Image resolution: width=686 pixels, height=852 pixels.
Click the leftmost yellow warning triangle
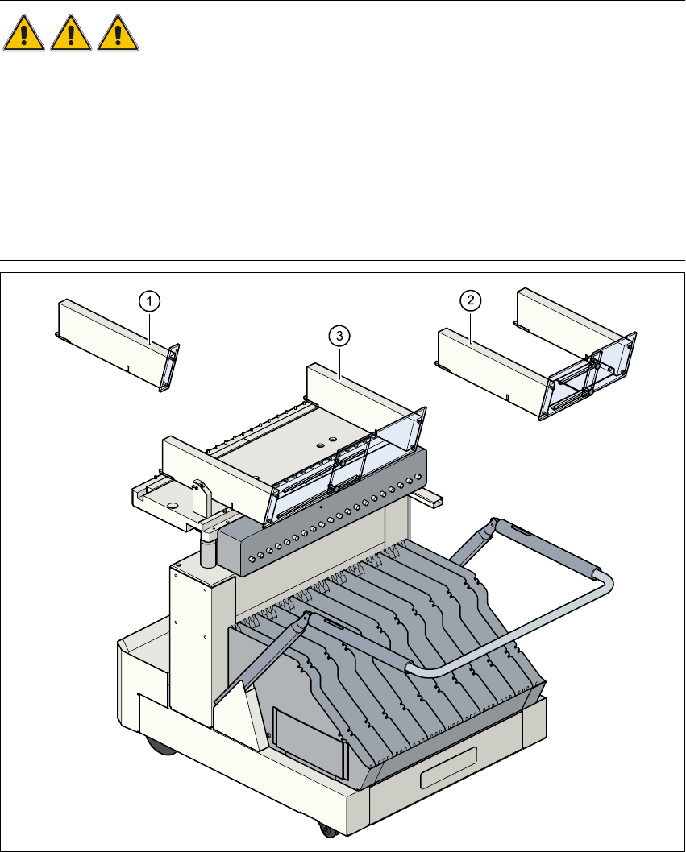pyautogui.click(x=25, y=35)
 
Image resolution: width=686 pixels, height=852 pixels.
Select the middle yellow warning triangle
pyautogui.click(x=72, y=35)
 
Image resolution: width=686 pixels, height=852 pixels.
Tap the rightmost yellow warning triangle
pyautogui.click(x=118, y=35)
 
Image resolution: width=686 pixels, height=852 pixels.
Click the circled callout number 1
pyautogui.click(x=148, y=301)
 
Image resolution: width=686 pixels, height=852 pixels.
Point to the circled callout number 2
pyautogui.click(x=471, y=300)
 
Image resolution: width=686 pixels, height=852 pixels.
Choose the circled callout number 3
pyautogui.click(x=339, y=335)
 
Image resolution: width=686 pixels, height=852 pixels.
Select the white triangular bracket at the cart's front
pyautogui.click(x=239, y=701)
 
